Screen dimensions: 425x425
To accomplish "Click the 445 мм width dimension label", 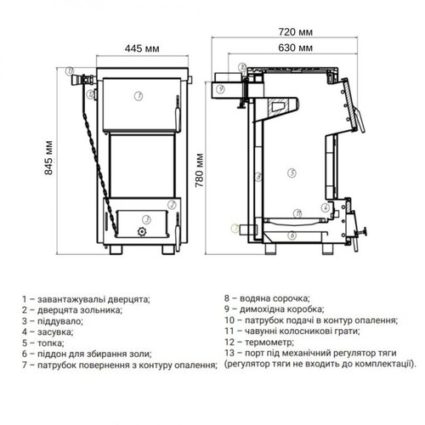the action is tap(142, 48).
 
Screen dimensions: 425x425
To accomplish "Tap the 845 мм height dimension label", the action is tap(48, 157).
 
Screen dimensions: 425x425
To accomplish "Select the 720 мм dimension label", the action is tap(295, 32).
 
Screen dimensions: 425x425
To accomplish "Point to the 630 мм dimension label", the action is tap(295, 48).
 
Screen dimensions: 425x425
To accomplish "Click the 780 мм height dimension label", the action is tap(200, 170).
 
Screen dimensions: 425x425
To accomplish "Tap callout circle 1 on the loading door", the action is tap(139, 96).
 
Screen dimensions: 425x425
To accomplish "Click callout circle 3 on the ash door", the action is tap(146, 219).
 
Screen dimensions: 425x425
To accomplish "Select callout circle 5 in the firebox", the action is tap(292, 173).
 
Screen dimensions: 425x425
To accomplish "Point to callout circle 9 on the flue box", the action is tap(220, 89).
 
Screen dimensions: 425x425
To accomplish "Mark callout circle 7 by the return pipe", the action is tap(235, 228).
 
